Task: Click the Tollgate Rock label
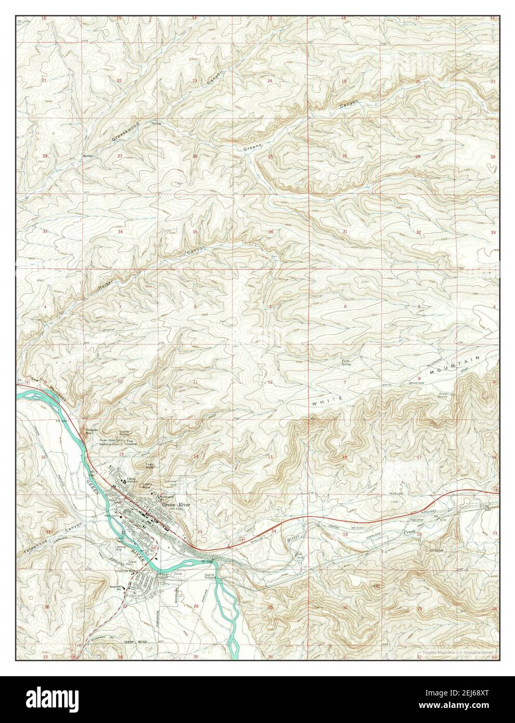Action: [93, 431]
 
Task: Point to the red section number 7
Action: [344, 382]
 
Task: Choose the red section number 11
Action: [195, 382]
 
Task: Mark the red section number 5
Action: [419, 306]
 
